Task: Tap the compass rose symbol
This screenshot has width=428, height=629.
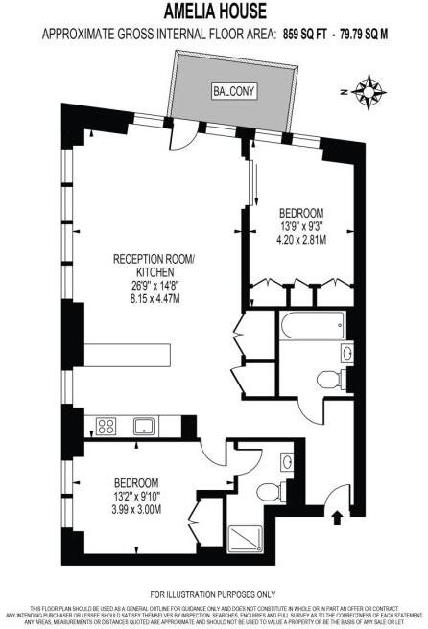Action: (368, 91)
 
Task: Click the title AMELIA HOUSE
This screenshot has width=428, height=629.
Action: (214, 12)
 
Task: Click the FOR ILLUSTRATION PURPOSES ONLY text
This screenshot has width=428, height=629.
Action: (213, 594)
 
